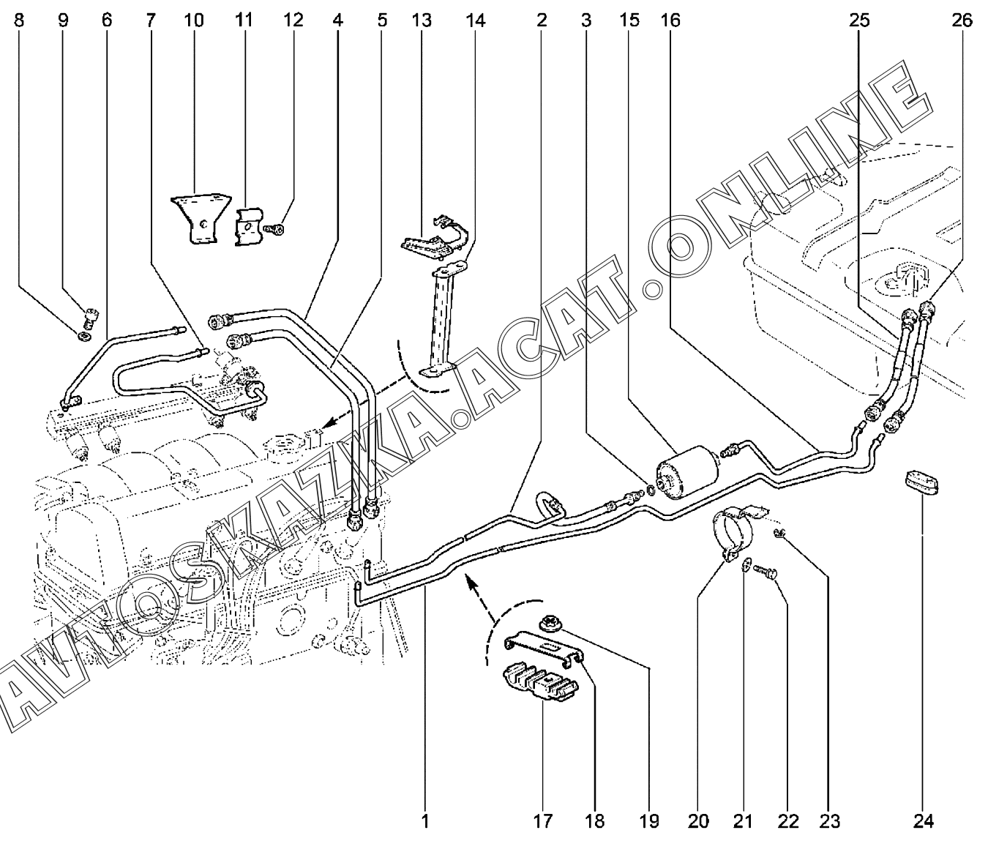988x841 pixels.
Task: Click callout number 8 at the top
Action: (x=19, y=20)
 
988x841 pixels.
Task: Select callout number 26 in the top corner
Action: (x=962, y=20)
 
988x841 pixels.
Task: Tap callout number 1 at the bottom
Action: (x=424, y=821)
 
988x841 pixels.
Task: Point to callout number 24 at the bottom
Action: (x=924, y=821)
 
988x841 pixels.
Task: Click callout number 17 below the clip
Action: (x=542, y=821)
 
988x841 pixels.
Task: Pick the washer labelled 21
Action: (x=746, y=565)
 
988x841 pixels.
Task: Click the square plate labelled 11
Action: (x=247, y=226)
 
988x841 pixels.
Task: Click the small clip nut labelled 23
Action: (x=782, y=538)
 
